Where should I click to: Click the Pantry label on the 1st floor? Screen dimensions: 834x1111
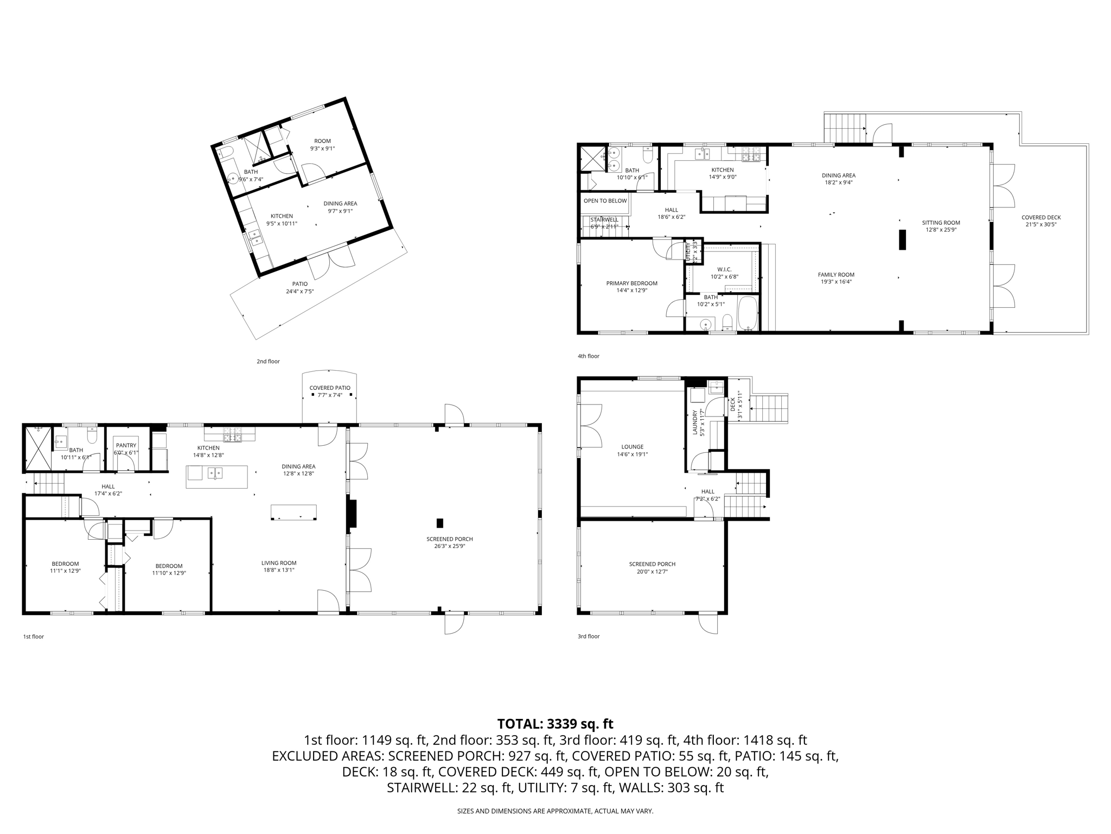126,445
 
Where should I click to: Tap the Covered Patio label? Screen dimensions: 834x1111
330,388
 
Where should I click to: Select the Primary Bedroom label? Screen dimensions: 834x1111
631,283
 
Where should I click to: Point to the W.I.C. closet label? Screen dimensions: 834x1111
724,269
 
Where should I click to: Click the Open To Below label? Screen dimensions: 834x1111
605,201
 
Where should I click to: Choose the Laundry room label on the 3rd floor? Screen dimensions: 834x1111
694,422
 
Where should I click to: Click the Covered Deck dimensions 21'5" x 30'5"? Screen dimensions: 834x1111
1040,225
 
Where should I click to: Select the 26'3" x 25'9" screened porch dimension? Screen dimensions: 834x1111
449,546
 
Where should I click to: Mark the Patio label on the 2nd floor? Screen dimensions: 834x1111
300,284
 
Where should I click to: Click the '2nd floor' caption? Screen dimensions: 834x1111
268,361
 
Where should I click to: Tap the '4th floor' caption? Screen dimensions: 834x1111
588,356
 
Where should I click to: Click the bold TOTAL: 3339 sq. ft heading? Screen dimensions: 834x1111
555,724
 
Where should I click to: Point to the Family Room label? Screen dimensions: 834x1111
836,275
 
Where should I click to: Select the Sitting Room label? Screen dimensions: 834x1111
941,223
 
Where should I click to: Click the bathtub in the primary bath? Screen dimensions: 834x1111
748,314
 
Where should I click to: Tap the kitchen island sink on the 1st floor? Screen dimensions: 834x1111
215,473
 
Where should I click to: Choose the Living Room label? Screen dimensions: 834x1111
279,563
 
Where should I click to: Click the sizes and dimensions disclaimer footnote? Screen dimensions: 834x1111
555,811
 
